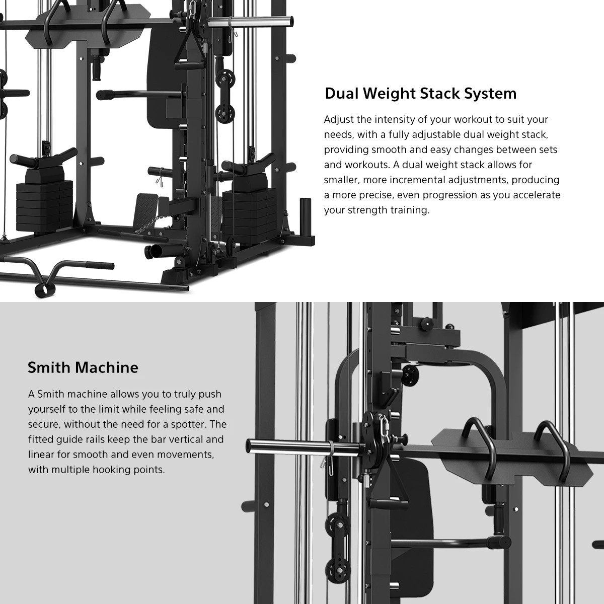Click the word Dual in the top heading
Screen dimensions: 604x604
[342, 94]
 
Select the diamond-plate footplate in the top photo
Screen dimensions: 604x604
[146, 207]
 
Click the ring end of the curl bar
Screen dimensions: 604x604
[40, 290]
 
